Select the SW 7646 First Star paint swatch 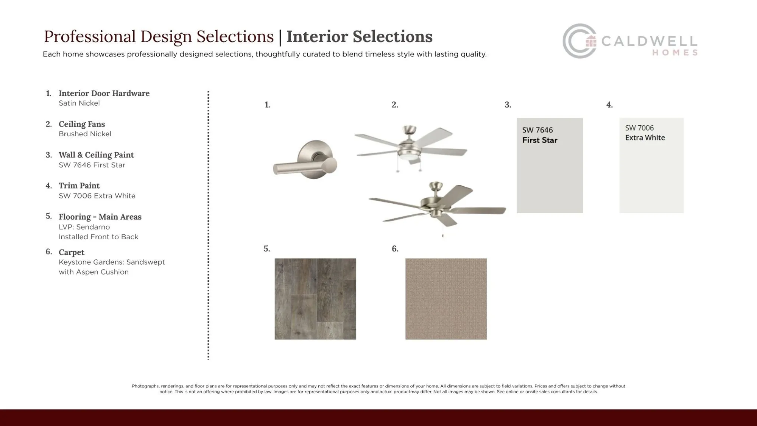coord(550,165)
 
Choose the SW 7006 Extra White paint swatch coord(651,165)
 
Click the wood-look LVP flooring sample coord(315,299)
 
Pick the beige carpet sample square coord(446,299)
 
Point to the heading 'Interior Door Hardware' coord(104,93)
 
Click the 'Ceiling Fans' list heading coord(82,124)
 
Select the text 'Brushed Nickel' coord(85,134)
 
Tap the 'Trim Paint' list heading coord(79,186)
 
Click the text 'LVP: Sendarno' coord(84,227)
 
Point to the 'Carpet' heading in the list coord(72,252)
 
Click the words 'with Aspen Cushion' coord(93,272)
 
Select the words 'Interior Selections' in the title coord(360,36)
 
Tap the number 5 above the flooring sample coord(267,249)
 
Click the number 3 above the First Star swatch coord(508,105)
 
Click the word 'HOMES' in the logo coord(675,53)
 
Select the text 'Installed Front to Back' coord(98,237)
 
